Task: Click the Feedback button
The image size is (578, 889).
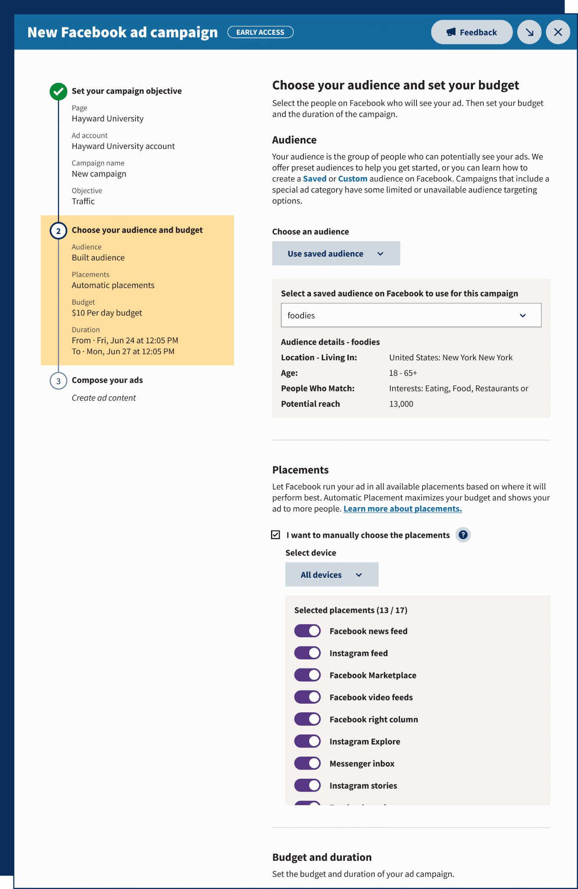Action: pos(472,32)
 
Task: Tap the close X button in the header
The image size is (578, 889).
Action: pos(558,32)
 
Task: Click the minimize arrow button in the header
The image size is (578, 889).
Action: pos(529,32)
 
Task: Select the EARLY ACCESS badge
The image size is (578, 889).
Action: pos(260,32)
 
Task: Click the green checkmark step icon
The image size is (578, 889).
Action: pos(58,92)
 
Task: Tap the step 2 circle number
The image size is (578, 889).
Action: pos(58,231)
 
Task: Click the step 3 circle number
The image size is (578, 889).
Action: pos(58,381)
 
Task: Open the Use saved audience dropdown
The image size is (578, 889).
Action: pos(336,254)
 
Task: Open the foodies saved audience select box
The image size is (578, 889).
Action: pos(411,315)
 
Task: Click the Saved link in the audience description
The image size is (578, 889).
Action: pos(314,179)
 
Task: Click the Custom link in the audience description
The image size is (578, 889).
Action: pos(353,179)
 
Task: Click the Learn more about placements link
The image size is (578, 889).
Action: pos(403,509)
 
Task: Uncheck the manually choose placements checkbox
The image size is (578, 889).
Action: pos(276,535)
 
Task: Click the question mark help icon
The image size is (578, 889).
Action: pos(463,535)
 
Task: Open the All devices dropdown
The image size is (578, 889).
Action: pos(332,575)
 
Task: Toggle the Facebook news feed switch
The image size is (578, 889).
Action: pos(307,631)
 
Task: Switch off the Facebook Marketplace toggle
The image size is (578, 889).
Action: pos(307,675)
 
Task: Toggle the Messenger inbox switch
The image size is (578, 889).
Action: pos(307,764)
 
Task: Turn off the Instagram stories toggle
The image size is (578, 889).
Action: pos(307,786)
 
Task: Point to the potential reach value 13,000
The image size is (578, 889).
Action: pos(401,404)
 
